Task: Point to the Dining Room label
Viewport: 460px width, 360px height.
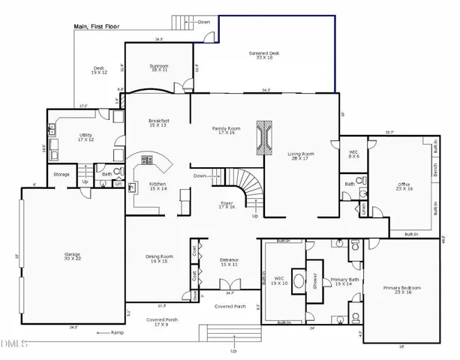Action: click(x=159, y=259)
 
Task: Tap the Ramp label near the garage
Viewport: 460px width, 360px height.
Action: click(x=116, y=332)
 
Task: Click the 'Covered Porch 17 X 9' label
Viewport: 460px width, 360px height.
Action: click(x=159, y=322)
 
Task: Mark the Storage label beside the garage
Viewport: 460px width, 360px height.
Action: click(x=62, y=174)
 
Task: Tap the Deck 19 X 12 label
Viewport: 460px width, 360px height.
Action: click(x=100, y=70)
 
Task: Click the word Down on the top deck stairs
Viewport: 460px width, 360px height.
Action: click(x=204, y=22)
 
